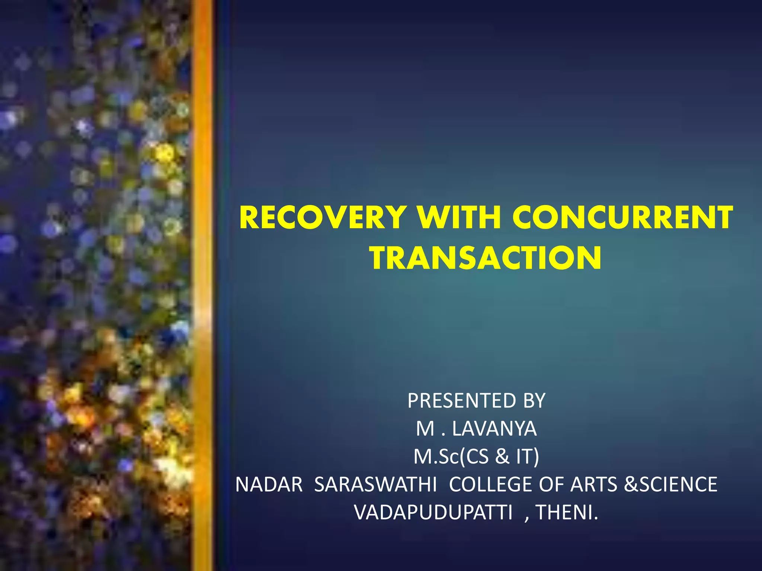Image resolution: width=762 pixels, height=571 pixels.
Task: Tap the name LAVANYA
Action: click(x=494, y=429)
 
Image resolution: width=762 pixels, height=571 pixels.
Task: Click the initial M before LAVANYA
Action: click(x=425, y=429)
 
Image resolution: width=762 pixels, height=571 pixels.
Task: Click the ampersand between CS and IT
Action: click(x=502, y=457)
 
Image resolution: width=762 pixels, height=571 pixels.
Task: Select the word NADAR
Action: click(x=269, y=484)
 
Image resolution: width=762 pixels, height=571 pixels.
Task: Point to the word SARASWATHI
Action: click(x=375, y=484)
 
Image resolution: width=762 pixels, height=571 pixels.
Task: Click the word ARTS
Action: click(x=594, y=484)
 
